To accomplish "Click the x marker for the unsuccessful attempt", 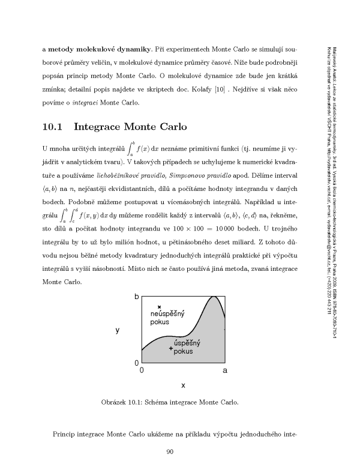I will click(158, 307).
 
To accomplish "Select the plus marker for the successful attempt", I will click(171, 349).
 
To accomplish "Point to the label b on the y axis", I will click(137, 297).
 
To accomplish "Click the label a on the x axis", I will click(224, 371).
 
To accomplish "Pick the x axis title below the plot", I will click(183, 384).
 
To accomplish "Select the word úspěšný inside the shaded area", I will click(182, 343).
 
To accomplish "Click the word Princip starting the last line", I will click(67, 432).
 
